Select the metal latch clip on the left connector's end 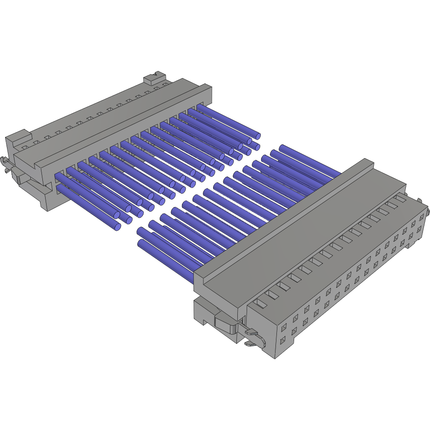[6, 164]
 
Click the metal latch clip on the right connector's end [252, 335]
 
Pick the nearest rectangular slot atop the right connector [261, 303]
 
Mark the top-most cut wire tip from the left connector [257, 136]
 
